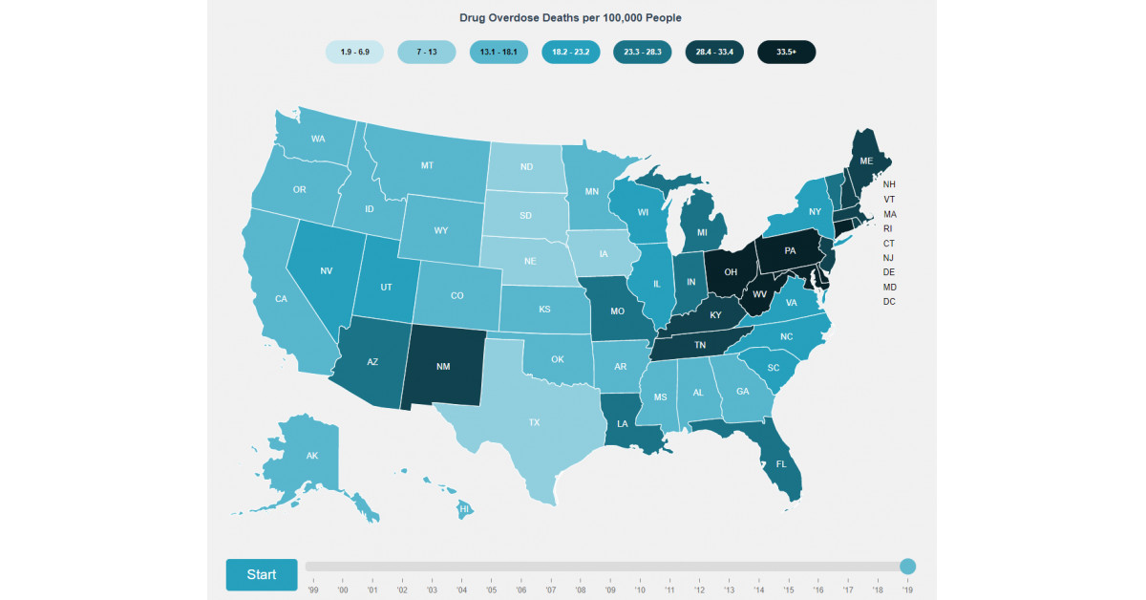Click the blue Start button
[x=262, y=574]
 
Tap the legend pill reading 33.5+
[x=786, y=52]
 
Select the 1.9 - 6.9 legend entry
[x=354, y=52]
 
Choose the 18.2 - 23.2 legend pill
[x=570, y=52]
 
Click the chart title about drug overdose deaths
[x=571, y=18]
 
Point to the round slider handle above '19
[x=907, y=567]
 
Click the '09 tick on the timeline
[x=610, y=590]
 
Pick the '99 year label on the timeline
[x=313, y=590]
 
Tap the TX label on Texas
[x=535, y=421]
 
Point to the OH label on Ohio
[x=731, y=272]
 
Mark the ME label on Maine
[x=866, y=161]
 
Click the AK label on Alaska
[x=311, y=456]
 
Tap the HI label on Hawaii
[x=464, y=509]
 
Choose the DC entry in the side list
[x=889, y=302]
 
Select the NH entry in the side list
[x=889, y=184]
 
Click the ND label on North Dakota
[x=526, y=167]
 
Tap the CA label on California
[x=281, y=299]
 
